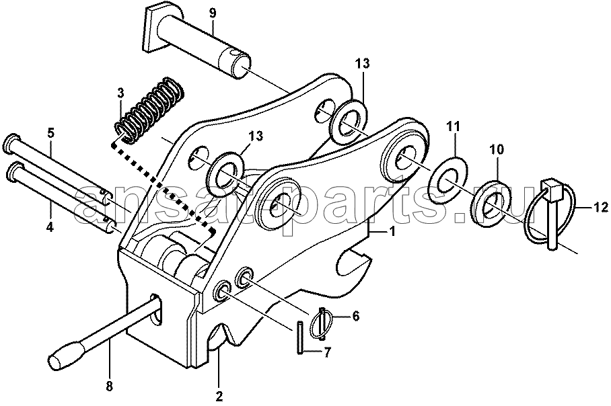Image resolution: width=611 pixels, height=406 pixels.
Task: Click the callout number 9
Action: pos(212,14)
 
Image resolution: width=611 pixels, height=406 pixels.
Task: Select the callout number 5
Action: pos(50,132)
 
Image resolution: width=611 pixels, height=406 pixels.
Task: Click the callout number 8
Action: pos(109,386)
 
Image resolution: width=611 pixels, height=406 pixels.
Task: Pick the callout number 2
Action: pos(219,397)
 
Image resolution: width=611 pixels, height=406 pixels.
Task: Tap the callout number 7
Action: pos(326,353)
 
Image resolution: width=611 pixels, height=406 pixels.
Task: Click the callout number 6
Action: pos(355,316)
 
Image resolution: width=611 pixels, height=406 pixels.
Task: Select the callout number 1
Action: pos(392,232)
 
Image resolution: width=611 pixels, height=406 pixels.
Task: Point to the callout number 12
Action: pos(600,208)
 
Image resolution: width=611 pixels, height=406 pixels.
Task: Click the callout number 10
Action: pos(497,149)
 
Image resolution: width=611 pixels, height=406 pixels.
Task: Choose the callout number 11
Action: pos(453,126)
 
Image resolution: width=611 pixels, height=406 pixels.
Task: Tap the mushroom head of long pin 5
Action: pos(11,143)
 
